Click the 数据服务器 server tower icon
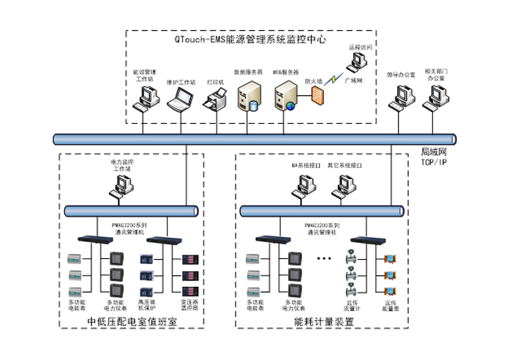(x=249, y=96)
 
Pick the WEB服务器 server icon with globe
(x=287, y=96)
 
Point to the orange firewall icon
(x=317, y=95)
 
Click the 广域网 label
(x=353, y=81)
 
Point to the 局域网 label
(x=432, y=152)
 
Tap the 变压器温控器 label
(x=189, y=304)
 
